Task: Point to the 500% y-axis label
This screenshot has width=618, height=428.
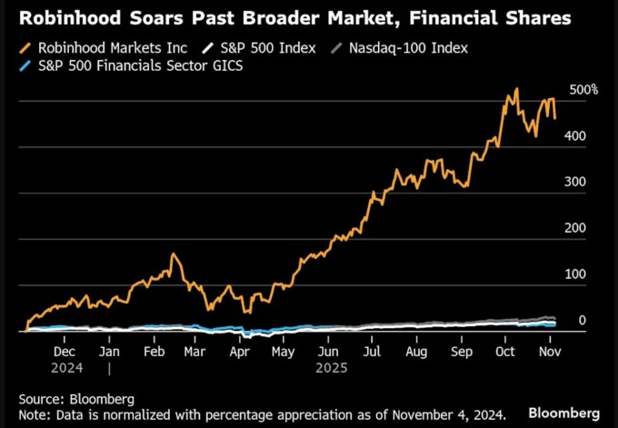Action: (583, 90)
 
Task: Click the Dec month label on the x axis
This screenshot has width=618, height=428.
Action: (65, 351)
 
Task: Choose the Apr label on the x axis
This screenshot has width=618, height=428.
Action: (240, 351)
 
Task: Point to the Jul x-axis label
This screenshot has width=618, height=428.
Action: (372, 351)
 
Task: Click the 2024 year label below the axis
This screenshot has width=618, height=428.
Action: (66, 368)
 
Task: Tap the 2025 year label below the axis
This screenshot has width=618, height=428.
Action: (329, 368)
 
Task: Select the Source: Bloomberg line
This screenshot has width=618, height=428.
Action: (76, 398)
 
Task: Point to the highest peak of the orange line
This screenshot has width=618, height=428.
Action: (516, 89)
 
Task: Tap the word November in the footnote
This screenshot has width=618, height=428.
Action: (414, 413)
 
